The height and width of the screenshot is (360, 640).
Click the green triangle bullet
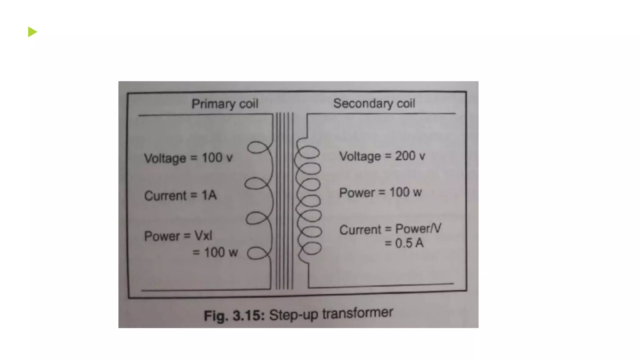[x=32, y=32]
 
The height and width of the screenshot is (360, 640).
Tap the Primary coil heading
[x=225, y=104]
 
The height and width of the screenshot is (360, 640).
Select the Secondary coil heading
[x=374, y=103]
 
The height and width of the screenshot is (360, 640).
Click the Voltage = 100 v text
[x=188, y=158]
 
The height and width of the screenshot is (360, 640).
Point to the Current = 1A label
[x=180, y=195]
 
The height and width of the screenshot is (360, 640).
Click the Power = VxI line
[x=178, y=236]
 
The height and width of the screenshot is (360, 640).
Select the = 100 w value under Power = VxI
[x=215, y=252]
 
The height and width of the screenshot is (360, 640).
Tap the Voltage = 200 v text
[x=382, y=156]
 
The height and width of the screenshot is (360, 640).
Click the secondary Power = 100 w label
[x=380, y=192]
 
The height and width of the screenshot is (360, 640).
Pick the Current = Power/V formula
[x=390, y=229]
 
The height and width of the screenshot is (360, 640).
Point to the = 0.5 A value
[x=404, y=243]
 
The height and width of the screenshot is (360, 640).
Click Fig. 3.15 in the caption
[x=234, y=315]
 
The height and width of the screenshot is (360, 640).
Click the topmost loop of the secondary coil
[x=309, y=152]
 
